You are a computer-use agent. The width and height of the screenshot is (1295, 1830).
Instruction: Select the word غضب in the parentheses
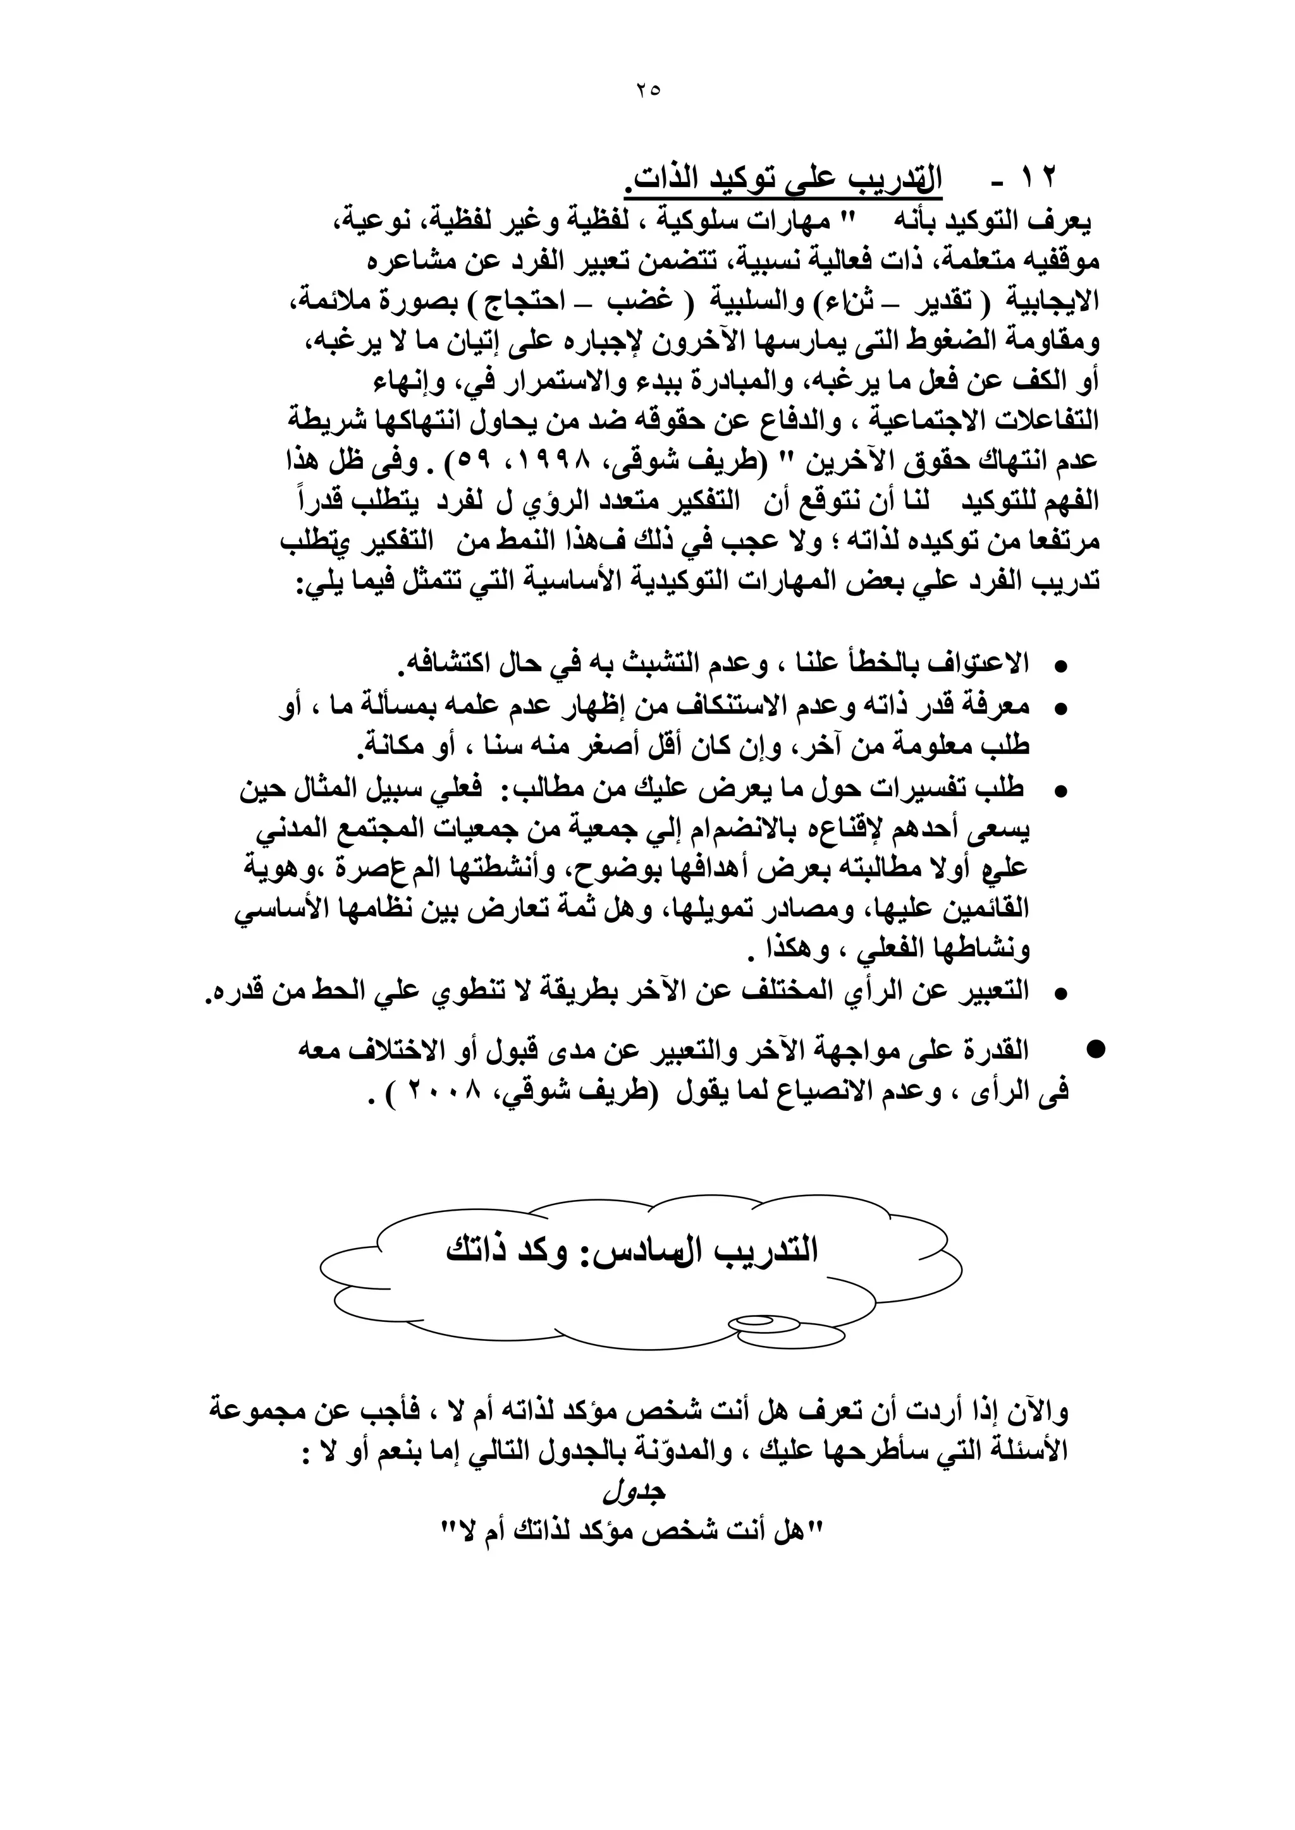point(641,301)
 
